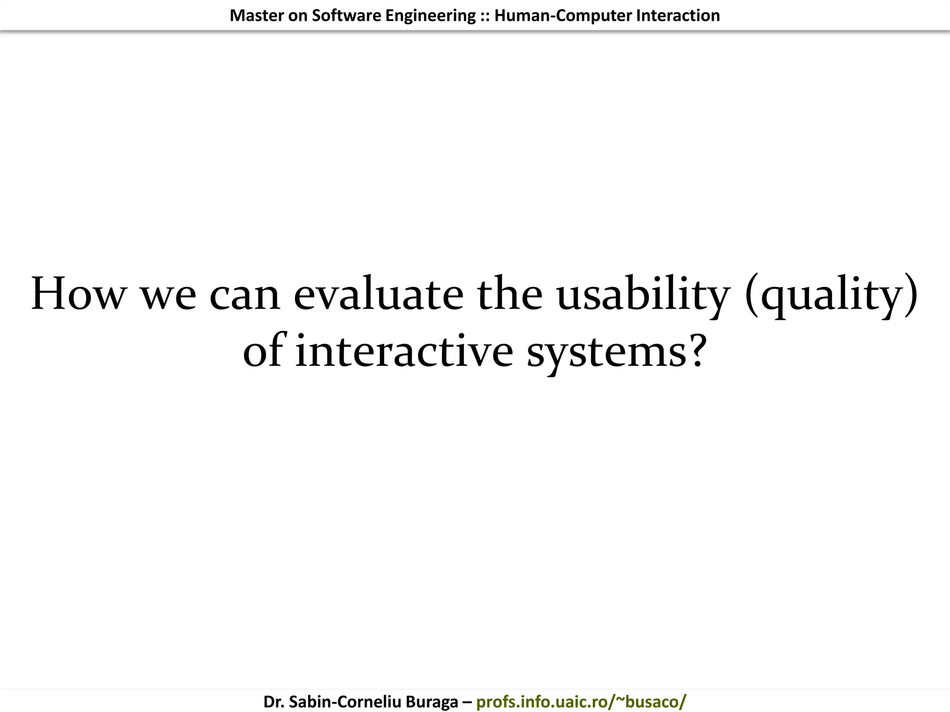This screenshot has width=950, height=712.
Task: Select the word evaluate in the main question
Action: [378, 294]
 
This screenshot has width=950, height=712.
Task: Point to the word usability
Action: [643, 295]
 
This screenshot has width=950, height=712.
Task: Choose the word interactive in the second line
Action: [404, 351]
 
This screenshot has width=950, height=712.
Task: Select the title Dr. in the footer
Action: [274, 701]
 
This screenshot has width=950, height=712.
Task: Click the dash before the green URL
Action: [467, 702]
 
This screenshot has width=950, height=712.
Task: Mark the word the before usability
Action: [510, 294]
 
